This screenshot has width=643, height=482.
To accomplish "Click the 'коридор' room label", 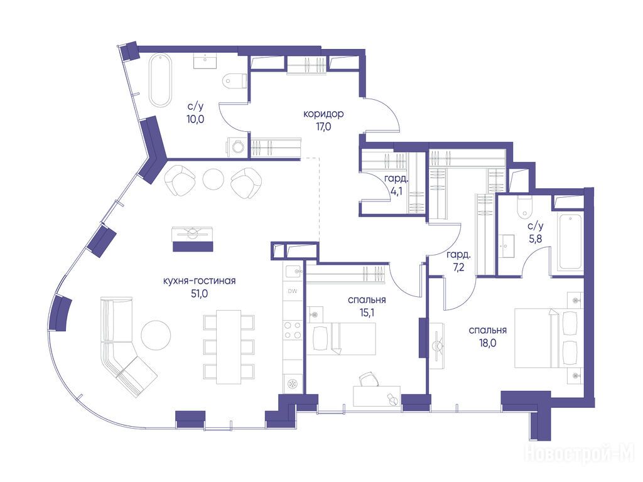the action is pos(323,114).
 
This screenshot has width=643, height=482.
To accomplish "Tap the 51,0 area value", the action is pos(199,294).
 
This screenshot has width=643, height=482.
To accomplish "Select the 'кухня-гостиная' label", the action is pos(199,281).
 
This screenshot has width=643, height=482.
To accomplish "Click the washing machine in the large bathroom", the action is pos(237,147).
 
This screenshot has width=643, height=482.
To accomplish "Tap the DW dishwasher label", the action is pos(293,291).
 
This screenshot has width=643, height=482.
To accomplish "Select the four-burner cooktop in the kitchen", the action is pos(293,330).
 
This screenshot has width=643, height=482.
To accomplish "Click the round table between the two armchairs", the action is pos(213,179).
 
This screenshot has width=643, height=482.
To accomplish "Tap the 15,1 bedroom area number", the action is pos(367,313).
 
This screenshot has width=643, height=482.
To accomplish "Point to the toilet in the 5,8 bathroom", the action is pos(524,207).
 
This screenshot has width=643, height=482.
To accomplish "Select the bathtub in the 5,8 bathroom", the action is pos(570,242).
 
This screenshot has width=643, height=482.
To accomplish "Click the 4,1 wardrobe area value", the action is pos(396,191).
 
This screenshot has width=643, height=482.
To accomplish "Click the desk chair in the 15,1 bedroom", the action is pos(369,379).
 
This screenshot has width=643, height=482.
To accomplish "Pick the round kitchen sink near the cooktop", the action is pos(293,383).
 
